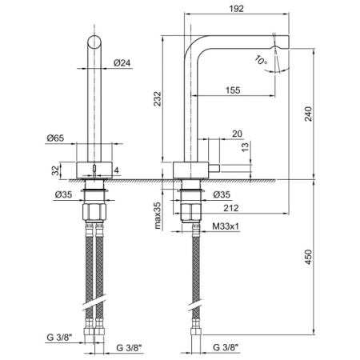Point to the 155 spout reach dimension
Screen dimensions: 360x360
point(234,90)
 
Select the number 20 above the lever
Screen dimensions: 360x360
point(237,134)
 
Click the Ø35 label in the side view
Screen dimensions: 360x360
point(223,194)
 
